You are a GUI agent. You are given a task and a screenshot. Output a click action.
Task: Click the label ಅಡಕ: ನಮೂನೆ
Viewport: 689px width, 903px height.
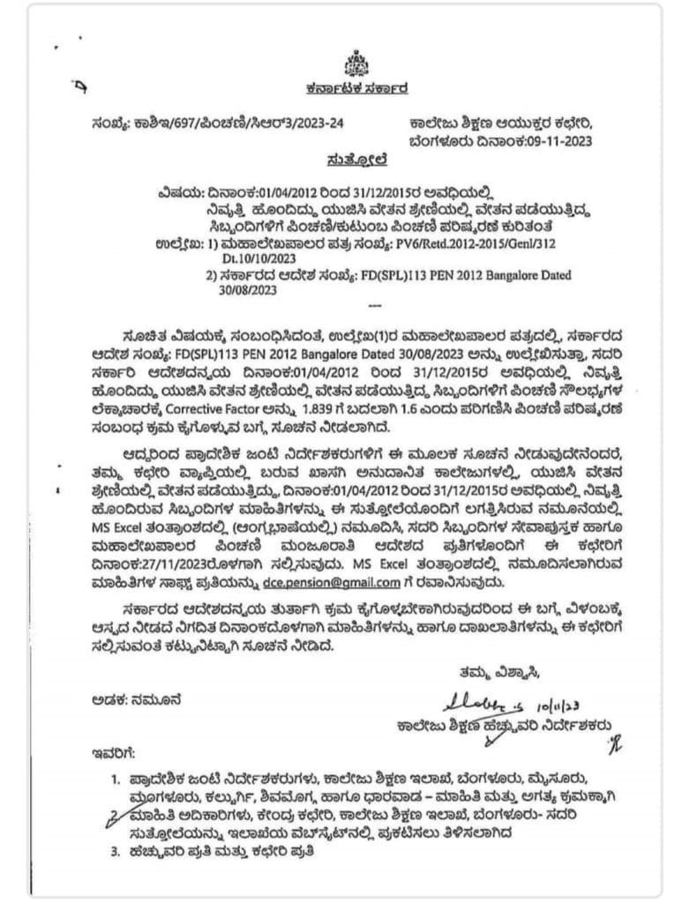(137, 701)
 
